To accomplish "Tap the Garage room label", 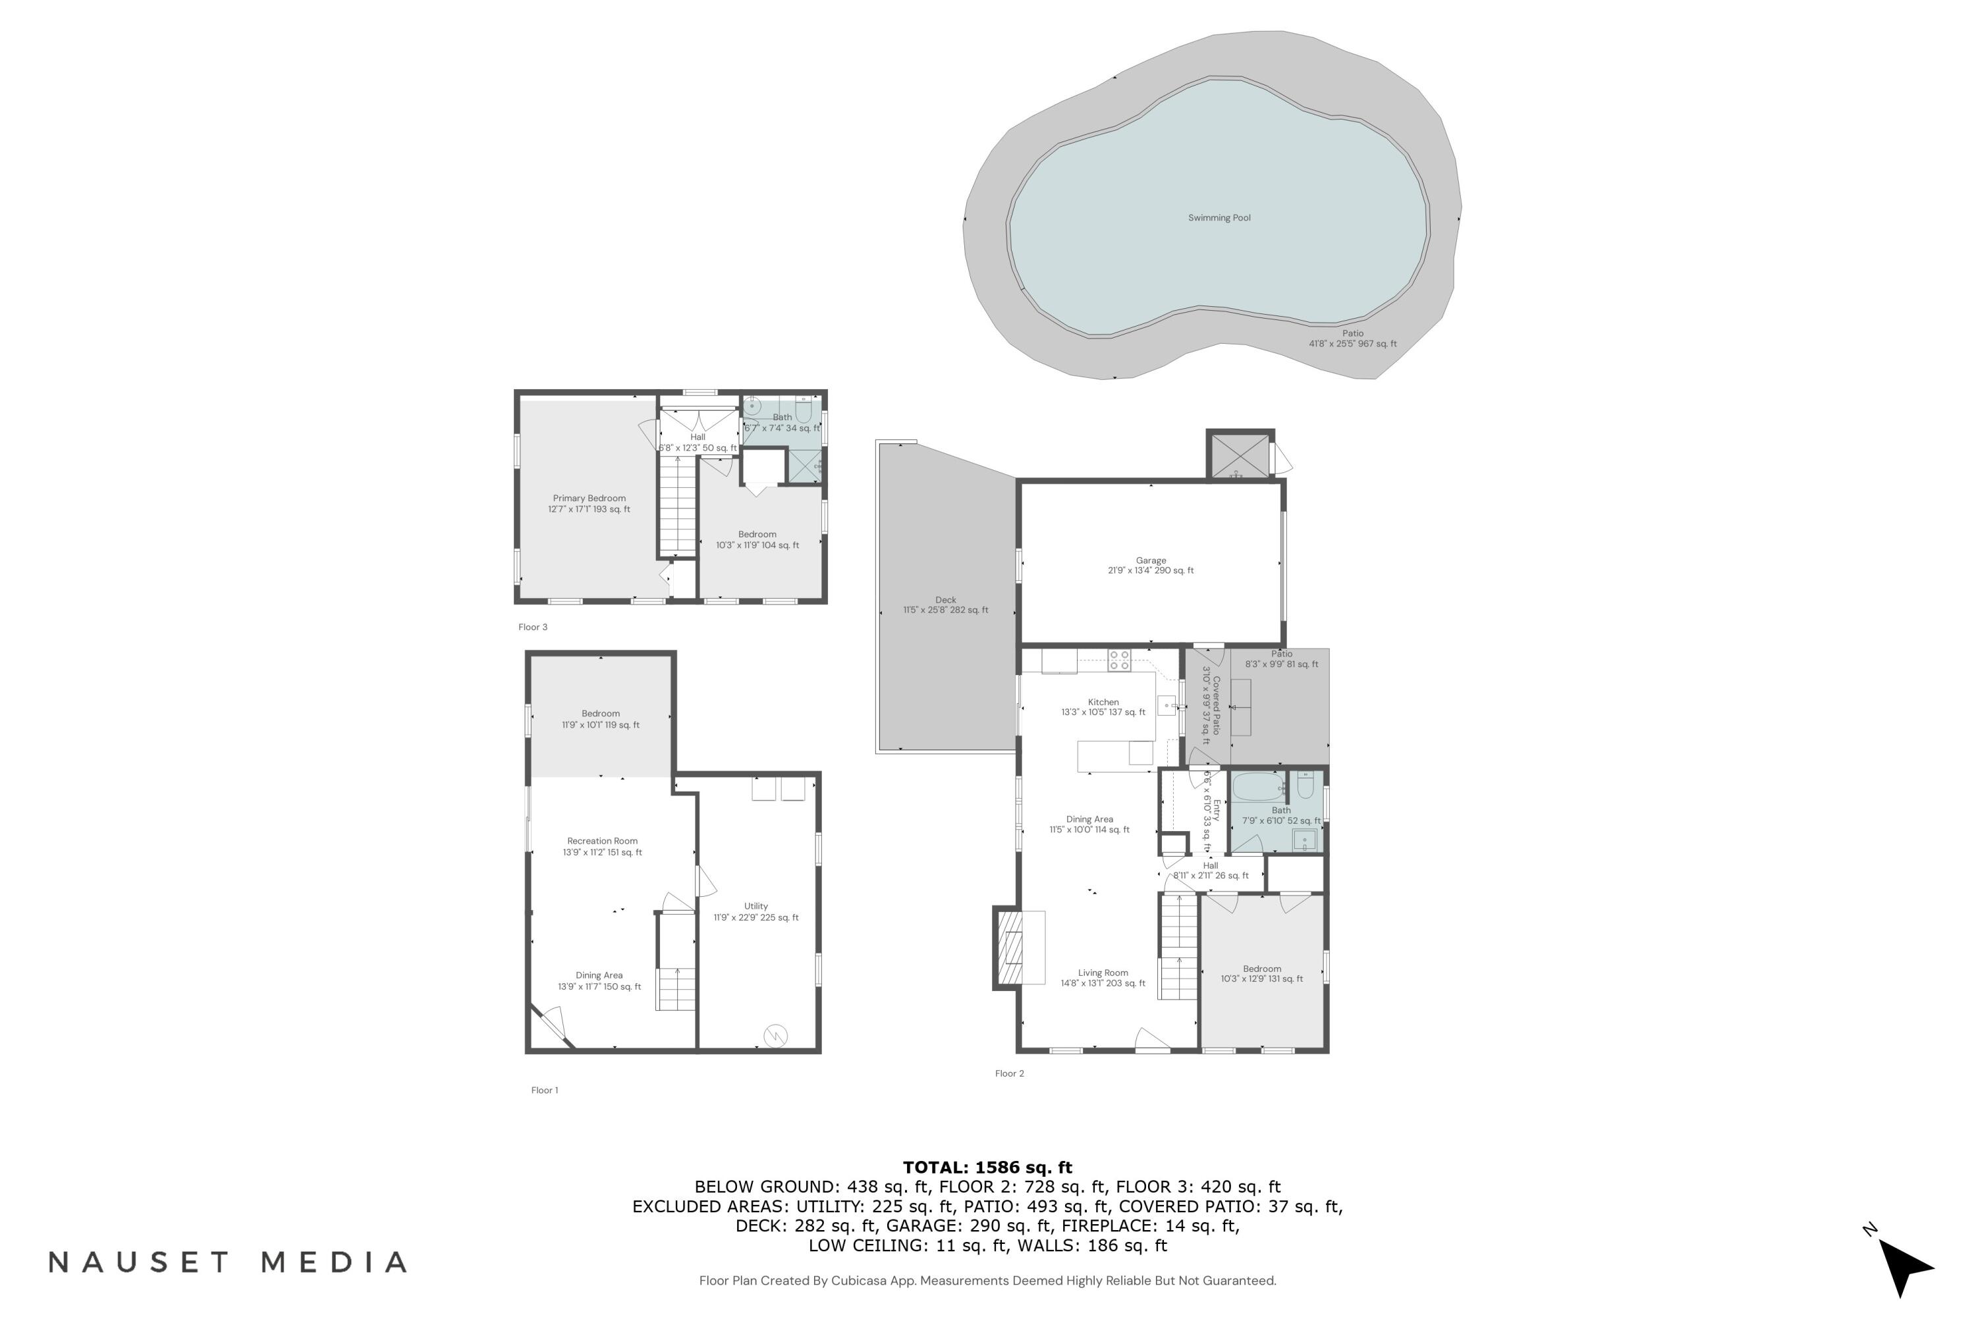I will [1150, 565].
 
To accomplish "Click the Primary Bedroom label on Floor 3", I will [589, 504].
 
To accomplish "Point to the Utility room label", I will [755, 912].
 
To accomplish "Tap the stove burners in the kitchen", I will [1118, 660].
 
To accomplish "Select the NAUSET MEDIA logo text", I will [228, 1262].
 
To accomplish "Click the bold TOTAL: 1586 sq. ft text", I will [987, 1168].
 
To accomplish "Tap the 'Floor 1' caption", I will [545, 1090].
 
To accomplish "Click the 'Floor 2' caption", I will [1009, 1073].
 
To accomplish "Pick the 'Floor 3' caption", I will [533, 628].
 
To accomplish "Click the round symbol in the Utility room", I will [775, 1036].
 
